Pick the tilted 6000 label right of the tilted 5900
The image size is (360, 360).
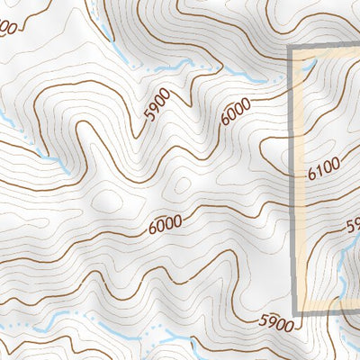pyautogui.click(x=233, y=111)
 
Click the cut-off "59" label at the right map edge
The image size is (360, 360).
pyautogui.click(x=353, y=227)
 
